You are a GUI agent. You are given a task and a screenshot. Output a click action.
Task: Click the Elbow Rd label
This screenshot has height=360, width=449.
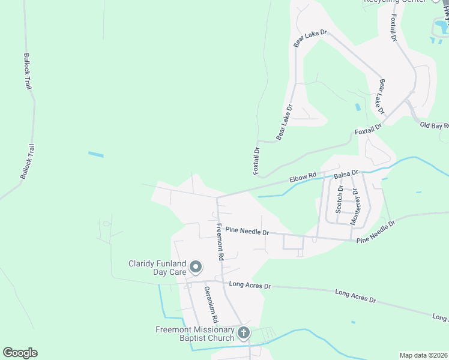point(302,178)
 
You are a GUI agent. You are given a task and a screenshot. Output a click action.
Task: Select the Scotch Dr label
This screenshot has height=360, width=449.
point(339,199)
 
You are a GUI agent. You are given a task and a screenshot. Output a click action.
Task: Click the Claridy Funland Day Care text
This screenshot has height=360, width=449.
point(158,268)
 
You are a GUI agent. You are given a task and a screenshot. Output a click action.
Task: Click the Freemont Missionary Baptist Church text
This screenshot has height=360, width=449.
point(196,334)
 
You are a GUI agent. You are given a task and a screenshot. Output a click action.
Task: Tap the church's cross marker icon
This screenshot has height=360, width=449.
point(244,332)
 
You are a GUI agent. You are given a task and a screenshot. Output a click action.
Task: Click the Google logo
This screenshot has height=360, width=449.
point(20,353)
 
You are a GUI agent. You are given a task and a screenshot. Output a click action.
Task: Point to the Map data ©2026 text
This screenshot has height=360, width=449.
point(423,355)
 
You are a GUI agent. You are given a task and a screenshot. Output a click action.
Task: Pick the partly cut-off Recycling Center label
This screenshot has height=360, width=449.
point(393,1)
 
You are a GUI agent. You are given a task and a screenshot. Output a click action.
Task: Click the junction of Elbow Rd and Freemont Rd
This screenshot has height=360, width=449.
point(217,196)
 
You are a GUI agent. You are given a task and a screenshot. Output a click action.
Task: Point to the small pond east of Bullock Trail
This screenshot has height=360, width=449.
point(96,155)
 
